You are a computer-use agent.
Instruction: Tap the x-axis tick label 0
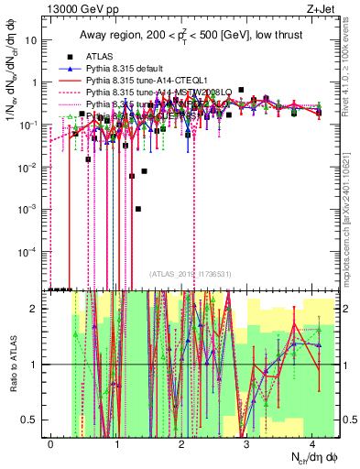click(x=50, y=442)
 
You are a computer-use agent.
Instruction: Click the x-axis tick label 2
click(x=182, y=442)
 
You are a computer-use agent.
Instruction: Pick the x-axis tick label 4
click(x=313, y=442)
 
